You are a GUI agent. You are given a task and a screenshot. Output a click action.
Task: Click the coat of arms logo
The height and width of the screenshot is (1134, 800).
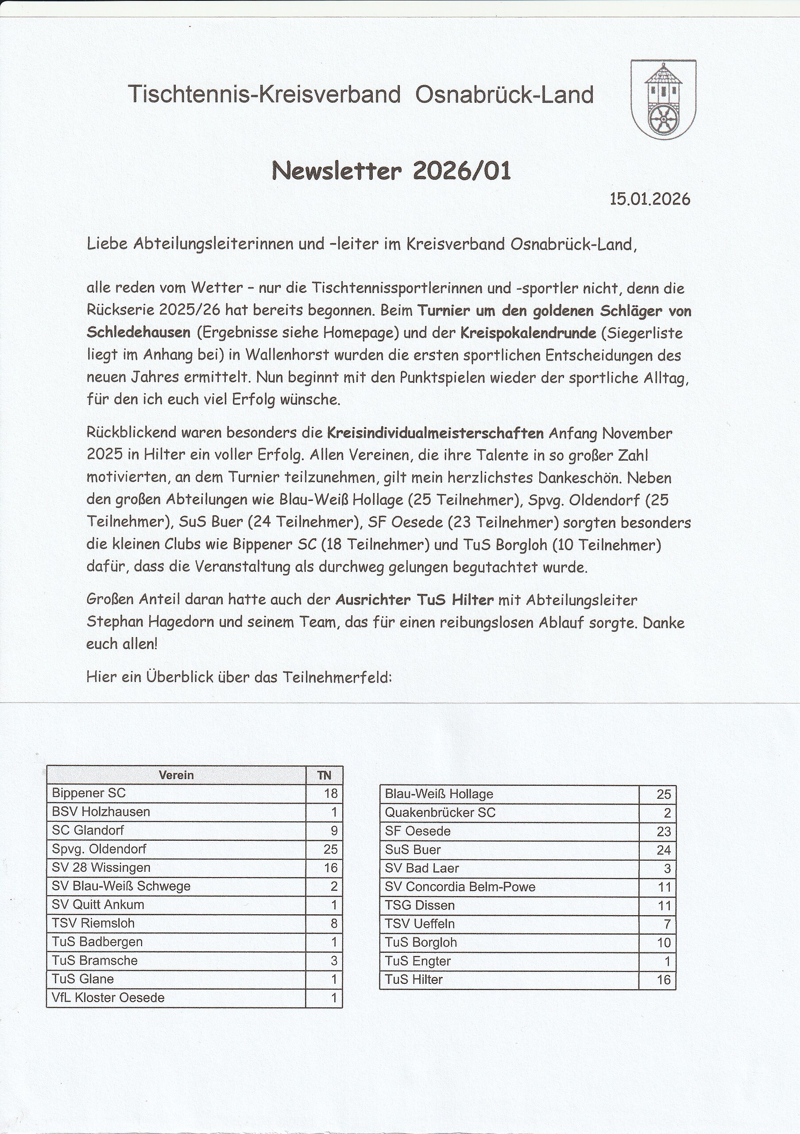pos(663,99)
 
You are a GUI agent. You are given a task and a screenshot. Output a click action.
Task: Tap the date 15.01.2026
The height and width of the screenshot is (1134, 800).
pos(649,199)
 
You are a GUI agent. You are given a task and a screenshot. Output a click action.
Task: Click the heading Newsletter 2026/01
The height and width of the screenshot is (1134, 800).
pos(391,171)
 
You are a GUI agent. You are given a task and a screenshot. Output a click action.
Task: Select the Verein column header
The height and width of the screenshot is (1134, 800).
pos(176,775)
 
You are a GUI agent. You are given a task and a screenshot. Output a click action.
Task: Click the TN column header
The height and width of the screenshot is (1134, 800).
pos(324,775)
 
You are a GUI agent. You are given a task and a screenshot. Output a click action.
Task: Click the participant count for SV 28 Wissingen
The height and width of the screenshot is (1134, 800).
pos(331,867)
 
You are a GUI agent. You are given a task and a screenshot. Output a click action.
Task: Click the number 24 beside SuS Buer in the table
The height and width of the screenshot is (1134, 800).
pos(663,850)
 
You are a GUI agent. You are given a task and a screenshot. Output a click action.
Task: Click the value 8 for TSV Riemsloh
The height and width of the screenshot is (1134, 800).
pos(334,923)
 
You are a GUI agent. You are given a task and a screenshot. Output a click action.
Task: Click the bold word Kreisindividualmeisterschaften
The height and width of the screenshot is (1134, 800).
pos(435,434)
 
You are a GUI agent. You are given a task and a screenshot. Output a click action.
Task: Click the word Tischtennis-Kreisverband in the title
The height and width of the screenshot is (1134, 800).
pos(264,94)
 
